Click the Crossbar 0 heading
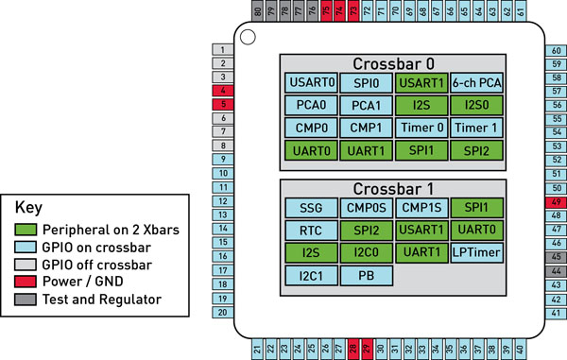tap(393, 63)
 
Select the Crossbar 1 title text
tap(393, 188)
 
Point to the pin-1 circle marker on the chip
tap(248, 38)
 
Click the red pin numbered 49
tap(557, 202)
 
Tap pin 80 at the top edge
tap(258, 10)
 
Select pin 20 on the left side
tap(222, 312)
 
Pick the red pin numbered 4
tap(222, 91)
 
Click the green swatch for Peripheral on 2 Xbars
tap(28, 229)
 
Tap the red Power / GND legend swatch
tap(28, 280)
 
